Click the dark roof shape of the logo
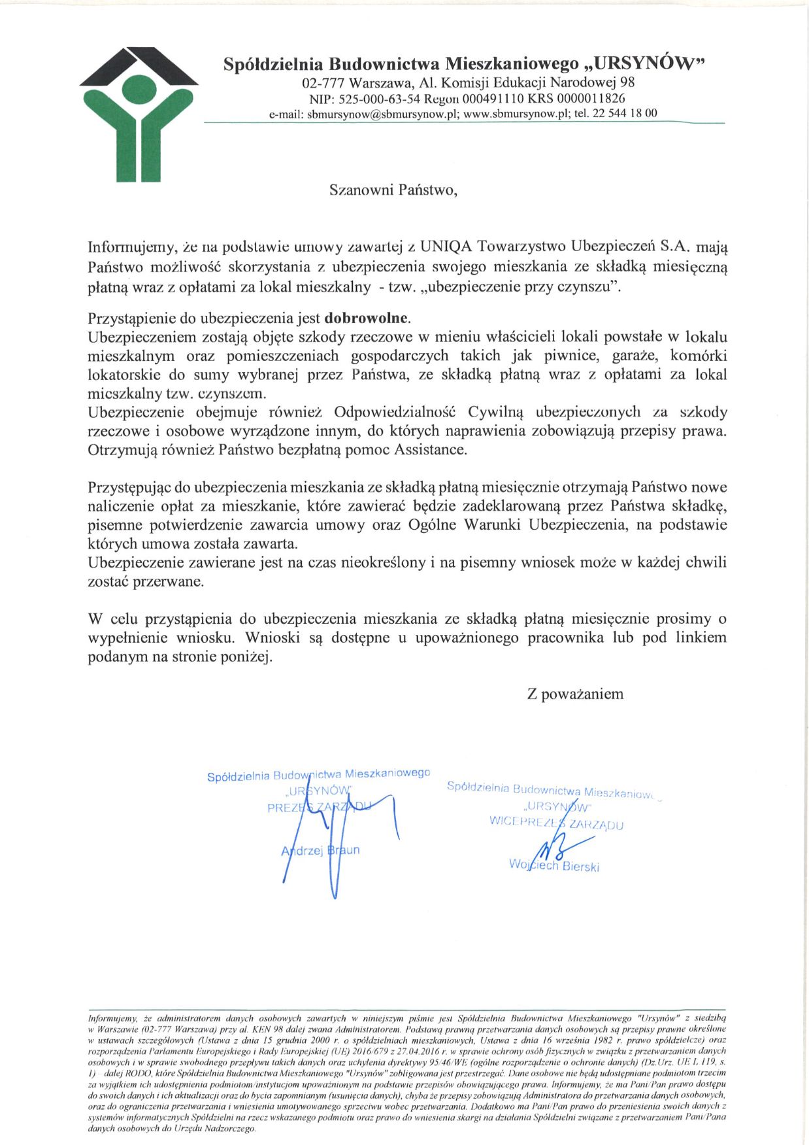pyautogui.click(x=139, y=65)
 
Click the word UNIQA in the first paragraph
pyautogui.click(x=447, y=247)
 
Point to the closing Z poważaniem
pyautogui.click(x=575, y=694)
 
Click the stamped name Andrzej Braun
pyautogui.click(x=320, y=851)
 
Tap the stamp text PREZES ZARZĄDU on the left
pyautogui.click(x=319, y=808)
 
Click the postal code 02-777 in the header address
pyautogui.click(x=323, y=83)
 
